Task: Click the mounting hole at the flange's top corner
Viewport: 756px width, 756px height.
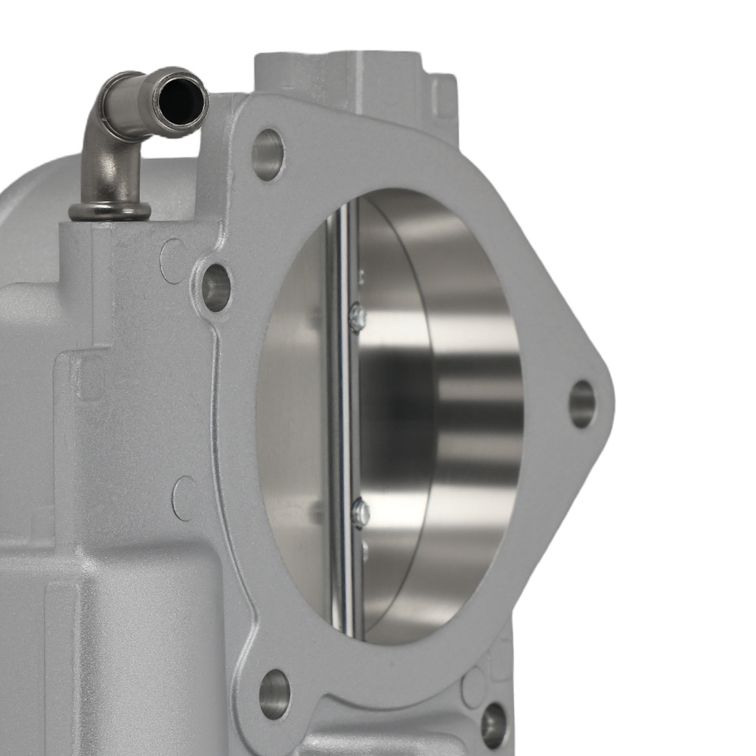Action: coord(268,155)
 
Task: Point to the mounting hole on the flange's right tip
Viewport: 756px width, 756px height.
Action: coord(581,404)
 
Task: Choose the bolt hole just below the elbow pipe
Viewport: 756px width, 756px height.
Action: coord(215,287)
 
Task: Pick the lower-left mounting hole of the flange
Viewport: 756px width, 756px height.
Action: coord(274,693)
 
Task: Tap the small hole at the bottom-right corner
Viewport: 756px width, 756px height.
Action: coord(493,724)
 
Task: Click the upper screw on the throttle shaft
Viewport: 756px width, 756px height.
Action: coord(358,317)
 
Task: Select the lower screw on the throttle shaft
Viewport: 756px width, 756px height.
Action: coord(361,513)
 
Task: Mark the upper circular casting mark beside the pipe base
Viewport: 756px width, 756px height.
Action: coord(172,261)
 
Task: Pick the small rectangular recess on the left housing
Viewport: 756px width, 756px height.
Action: coord(90,378)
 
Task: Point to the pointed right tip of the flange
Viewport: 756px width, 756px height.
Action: coord(609,401)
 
